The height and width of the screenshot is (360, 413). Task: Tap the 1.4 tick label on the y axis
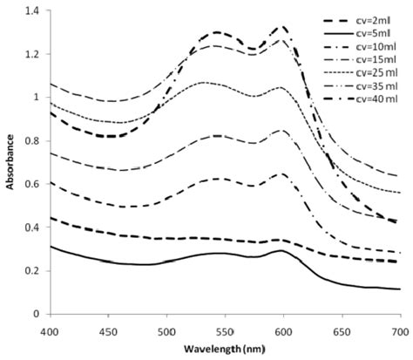coord(32,11)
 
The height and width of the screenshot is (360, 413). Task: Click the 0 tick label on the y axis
coord(37,314)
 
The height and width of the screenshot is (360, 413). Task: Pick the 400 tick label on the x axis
coord(50,331)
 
